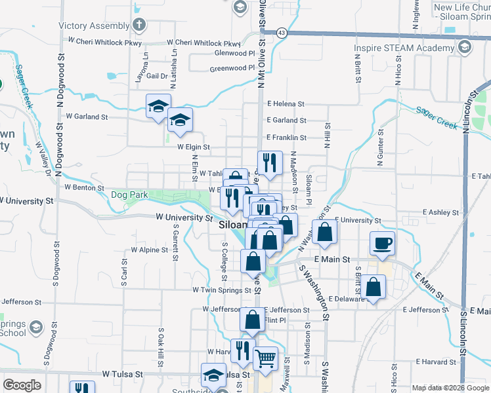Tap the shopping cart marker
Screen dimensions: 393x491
[x=265, y=358]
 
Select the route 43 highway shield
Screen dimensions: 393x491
[x=281, y=31]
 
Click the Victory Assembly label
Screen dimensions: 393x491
[x=94, y=26]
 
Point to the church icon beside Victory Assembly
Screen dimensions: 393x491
[x=139, y=25]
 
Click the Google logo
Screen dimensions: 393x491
[x=22, y=385]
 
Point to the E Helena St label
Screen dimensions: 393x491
[x=286, y=103]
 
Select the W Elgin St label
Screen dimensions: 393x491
[x=193, y=147]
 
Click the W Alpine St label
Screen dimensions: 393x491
[x=149, y=250]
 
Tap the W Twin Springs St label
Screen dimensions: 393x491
[x=222, y=290]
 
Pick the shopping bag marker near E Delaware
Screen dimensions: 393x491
[x=373, y=288]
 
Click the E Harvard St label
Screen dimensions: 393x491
[x=435, y=362]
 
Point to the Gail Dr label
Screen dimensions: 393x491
[x=158, y=76]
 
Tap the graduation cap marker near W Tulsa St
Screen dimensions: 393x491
[x=213, y=376]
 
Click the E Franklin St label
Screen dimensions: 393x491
[x=287, y=138]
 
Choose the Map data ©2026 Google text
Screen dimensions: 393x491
[x=450, y=387]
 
